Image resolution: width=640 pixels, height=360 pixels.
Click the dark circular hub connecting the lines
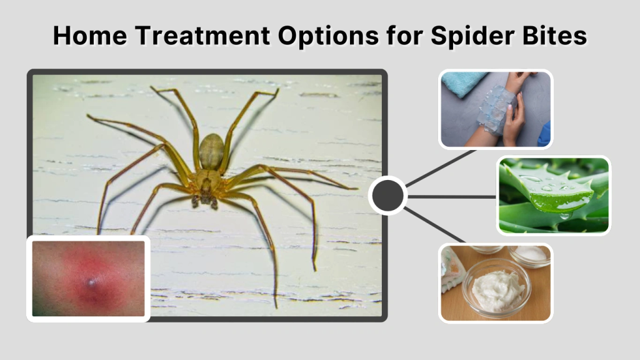(x=387, y=196)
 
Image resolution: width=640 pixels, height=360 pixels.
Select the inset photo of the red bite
(x=88, y=278)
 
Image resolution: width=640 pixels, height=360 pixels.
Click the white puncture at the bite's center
(x=93, y=283)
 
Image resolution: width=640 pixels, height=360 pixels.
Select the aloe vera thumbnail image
(x=553, y=196)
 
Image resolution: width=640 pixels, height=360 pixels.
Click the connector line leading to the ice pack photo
(x=441, y=167)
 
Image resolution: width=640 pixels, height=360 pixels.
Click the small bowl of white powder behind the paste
(x=531, y=254)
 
